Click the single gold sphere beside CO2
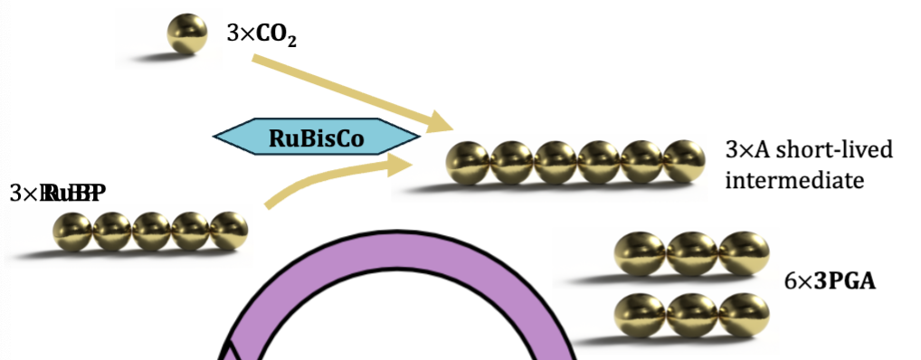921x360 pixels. [186, 35]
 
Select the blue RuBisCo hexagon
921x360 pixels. [317, 137]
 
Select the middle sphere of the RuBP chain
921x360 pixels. [151, 231]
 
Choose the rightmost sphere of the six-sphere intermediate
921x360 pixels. [685, 164]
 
